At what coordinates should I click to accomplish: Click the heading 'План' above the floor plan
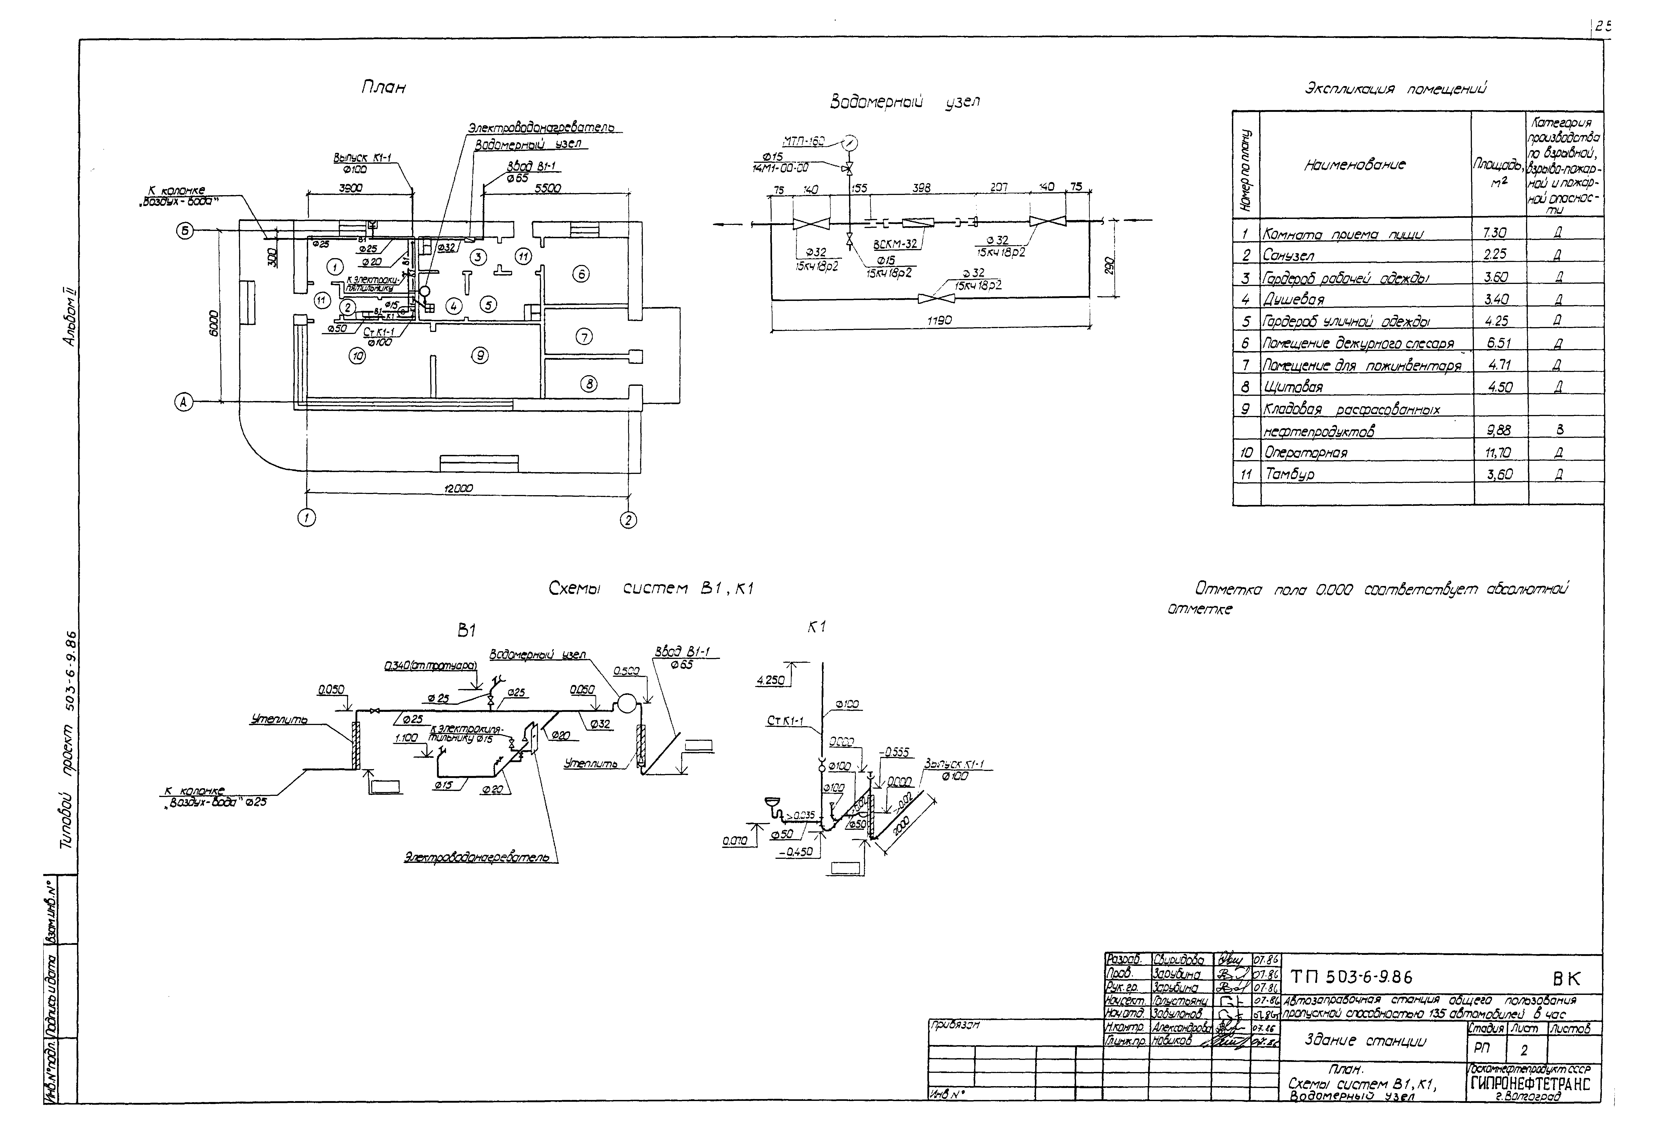[383, 88]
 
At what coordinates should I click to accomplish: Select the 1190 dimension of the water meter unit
[939, 321]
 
